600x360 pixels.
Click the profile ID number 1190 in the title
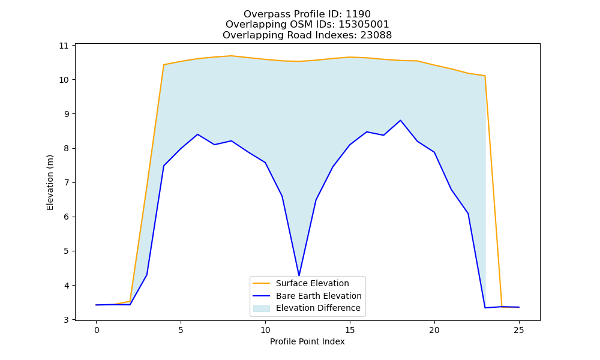point(358,14)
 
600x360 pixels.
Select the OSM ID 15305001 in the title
point(364,25)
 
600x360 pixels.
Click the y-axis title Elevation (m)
point(50,182)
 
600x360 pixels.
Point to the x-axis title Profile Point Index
point(307,341)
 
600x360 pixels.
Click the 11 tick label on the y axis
point(64,46)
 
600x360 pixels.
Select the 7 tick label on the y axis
point(66,182)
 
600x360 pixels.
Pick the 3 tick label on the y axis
point(66,320)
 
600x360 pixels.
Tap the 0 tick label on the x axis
point(97,330)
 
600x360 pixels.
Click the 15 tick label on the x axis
point(350,330)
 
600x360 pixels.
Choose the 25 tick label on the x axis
point(519,330)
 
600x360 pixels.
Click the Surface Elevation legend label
point(312,283)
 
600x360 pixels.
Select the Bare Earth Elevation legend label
point(319,296)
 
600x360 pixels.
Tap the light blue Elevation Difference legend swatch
point(262,308)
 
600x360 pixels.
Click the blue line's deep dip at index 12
point(299,275)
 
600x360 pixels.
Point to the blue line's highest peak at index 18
point(400,121)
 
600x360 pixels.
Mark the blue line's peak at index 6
point(197,134)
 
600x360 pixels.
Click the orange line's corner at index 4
point(164,65)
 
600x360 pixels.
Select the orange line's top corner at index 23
point(485,76)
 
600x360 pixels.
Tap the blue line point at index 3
point(147,275)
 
